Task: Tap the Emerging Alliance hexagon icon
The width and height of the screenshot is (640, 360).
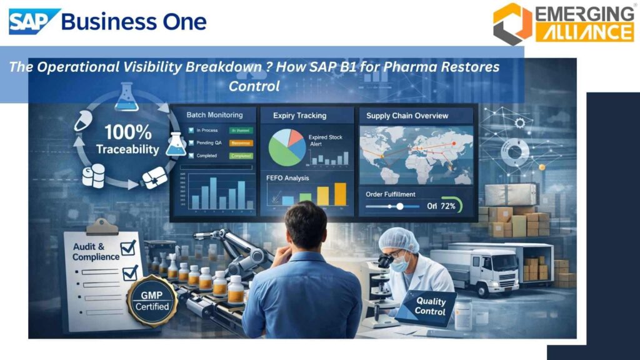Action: [512, 24]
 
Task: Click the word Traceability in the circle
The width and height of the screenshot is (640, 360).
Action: [127, 150]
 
